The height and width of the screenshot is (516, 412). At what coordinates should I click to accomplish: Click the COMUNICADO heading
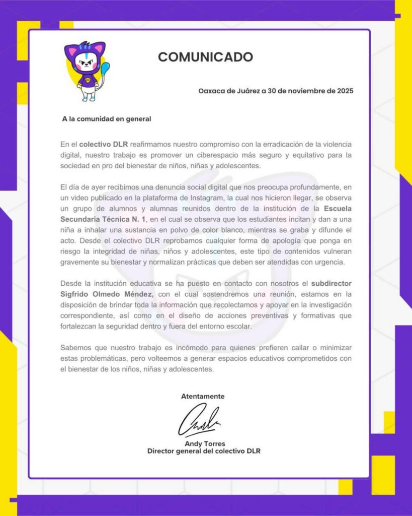click(x=205, y=57)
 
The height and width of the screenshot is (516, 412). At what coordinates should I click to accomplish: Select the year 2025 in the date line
click(x=344, y=91)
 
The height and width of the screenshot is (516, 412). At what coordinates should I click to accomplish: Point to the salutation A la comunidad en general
click(x=106, y=119)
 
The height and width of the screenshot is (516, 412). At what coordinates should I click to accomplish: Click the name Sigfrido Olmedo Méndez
click(x=107, y=294)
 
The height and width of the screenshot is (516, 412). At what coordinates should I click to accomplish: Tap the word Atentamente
click(x=203, y=396)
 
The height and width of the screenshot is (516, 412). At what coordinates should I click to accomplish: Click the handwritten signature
click(x=200, y=420)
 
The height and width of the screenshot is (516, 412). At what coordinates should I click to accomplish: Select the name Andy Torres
click(x=205, y=443)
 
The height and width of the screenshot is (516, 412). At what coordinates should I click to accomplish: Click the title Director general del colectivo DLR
click(x=204, y=451)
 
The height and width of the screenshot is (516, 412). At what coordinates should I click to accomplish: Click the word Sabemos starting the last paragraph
click(x=75, y=348)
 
